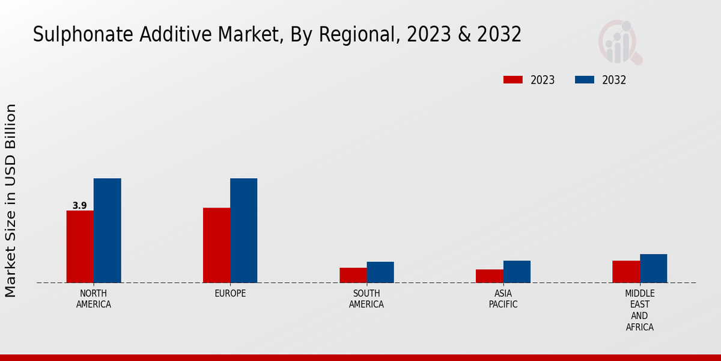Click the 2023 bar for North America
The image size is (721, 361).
point(80,247)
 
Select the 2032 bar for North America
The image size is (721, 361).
point(107,230)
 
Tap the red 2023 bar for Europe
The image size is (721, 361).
point(216,245)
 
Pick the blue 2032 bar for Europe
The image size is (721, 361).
point(243,230)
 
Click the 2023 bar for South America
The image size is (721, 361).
point(353,275)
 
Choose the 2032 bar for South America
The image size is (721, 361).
point(380,272)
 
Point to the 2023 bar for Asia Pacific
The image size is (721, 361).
point(489,276)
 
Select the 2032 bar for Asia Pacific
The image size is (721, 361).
point(517,271)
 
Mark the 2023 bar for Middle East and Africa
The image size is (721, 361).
point(626,271)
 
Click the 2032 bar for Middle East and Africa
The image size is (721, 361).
point(653,268)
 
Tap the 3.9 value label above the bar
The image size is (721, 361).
point(79,206)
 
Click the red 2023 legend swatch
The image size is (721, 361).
point(513,80)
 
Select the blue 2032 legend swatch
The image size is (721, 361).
point(585,80)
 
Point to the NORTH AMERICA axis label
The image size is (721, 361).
point(94,299)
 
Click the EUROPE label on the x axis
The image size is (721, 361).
point(230,294)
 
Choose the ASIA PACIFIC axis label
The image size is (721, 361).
point(503,299)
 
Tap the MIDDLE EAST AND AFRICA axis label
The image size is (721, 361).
point(639,310)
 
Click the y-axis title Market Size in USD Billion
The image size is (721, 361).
point(11,200)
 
